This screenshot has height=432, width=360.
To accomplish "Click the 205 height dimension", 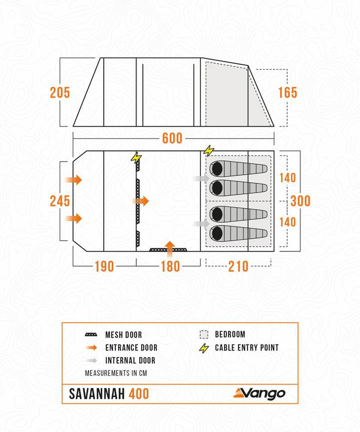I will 59,92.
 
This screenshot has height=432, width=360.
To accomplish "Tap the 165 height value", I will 287,92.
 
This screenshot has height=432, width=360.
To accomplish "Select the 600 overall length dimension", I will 172,138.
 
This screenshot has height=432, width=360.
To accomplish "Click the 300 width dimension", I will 300,201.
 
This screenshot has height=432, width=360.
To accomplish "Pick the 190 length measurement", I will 104,266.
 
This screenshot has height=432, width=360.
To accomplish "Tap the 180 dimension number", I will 170,266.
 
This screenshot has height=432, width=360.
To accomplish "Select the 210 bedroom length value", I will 238,266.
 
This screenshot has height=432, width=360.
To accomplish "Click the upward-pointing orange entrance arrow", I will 170,247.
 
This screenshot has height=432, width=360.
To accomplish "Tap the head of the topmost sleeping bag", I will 217,168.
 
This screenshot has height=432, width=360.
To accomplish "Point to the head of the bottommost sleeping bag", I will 217,233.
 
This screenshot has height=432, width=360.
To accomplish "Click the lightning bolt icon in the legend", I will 203,348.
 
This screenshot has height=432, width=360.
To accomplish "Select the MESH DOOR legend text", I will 123,335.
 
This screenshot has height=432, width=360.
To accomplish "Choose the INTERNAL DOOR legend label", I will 130,360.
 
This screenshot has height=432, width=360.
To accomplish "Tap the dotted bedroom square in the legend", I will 203,335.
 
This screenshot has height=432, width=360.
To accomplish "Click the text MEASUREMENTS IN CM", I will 115,373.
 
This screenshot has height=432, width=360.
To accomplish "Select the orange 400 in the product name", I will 138,394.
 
